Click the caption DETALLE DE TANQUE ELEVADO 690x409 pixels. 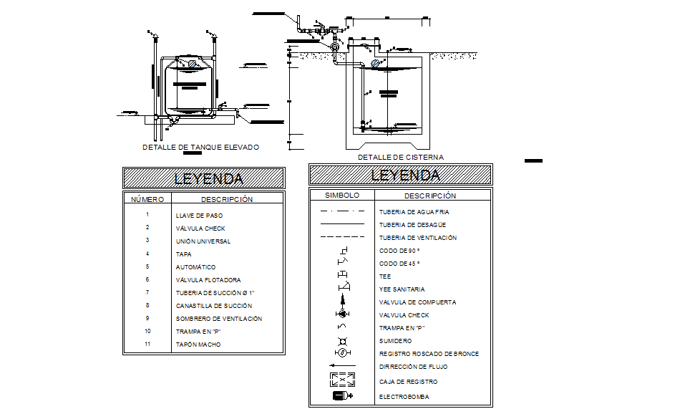pos(200,147)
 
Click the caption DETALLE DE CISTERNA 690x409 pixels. pos(400,157)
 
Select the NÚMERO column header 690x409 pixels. pos(147,199)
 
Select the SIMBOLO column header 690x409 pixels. pos(341,195)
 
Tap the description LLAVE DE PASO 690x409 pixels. pos(200,215)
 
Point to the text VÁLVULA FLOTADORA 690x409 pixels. pos(208,280)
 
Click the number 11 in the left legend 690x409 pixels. pos(147,345)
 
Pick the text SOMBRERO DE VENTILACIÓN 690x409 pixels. pos(219,319)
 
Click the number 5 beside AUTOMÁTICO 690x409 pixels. pos(147,266)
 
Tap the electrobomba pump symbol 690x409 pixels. pos(341,396)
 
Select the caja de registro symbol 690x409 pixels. pos(341,380)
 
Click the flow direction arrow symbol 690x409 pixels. pos(341,366)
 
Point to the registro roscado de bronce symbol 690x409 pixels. pos(341,352)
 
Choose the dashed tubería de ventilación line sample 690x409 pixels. pos(341,237)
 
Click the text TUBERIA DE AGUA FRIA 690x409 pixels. pos(414,212)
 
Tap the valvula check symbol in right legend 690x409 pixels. pos(341,314)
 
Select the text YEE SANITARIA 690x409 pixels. pos(402,289)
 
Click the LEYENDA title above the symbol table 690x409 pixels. pos(400,175)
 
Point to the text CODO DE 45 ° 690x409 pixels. pos(399,264)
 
